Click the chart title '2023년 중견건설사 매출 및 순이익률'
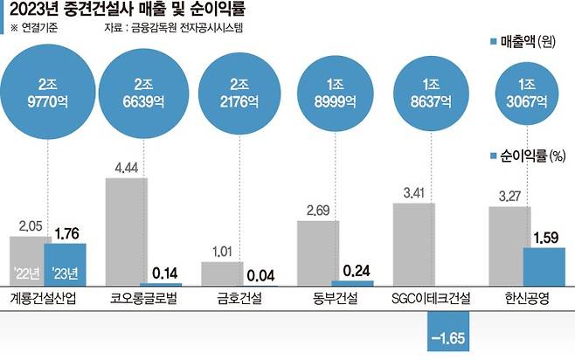127,11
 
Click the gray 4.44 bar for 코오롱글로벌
127,232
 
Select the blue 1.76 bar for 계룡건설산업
66,264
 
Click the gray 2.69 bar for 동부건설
319,253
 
